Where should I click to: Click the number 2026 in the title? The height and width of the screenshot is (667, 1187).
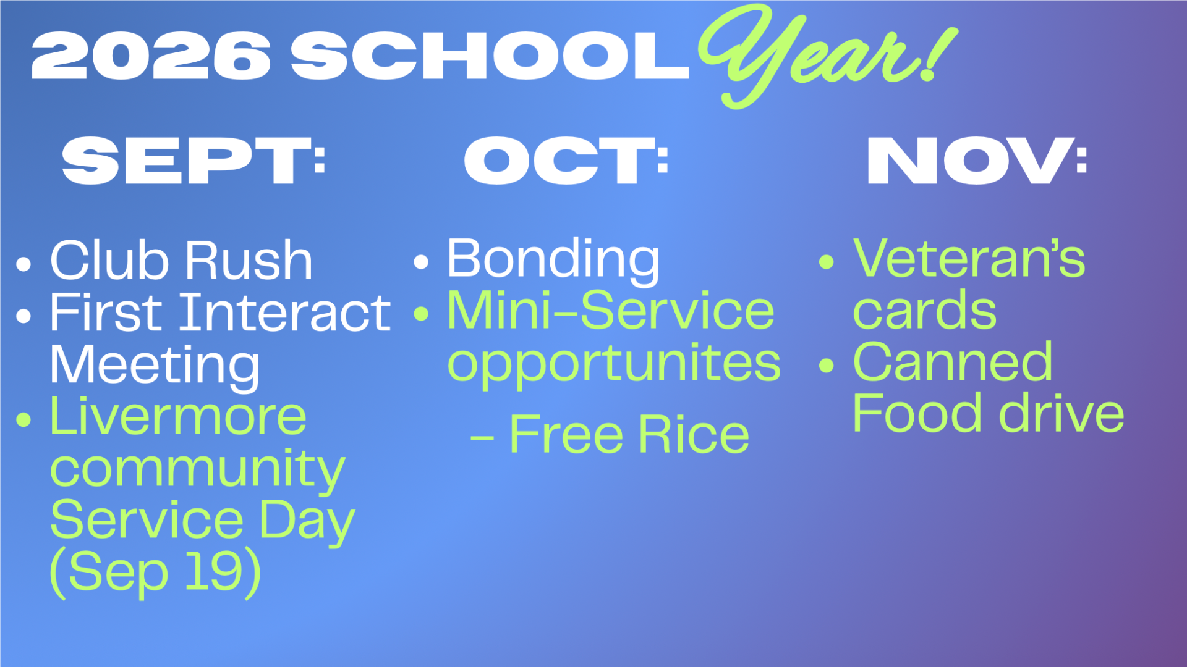(x=151, y=56)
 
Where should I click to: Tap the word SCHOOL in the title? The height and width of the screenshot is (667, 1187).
(x=490, y=56)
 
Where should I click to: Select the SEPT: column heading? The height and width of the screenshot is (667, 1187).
(x=194, y=161)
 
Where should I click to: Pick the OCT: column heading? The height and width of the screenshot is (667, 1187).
(x=566, y=161)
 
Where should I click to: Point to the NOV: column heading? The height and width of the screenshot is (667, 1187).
(x=977, y=161)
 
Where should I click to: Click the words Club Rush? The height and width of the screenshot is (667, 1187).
(x=181, y=261)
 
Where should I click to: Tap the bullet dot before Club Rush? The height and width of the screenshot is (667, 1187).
(x=23, y=264)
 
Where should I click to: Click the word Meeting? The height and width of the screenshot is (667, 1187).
(x=155, y=366)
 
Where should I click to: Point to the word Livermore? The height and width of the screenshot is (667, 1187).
(x=178, y=416)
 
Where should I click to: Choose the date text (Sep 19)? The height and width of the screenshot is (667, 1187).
(x=155, y=573)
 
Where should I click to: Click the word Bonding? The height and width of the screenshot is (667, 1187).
(x=553, y=259)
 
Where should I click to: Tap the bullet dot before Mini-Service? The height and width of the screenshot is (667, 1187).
(x=421, y=314)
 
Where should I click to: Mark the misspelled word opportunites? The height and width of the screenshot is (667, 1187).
(x=614, y=364)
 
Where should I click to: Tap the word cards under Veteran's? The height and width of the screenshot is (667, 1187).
(x=924, y=310)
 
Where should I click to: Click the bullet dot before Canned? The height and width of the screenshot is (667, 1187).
(x=826, y=366)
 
